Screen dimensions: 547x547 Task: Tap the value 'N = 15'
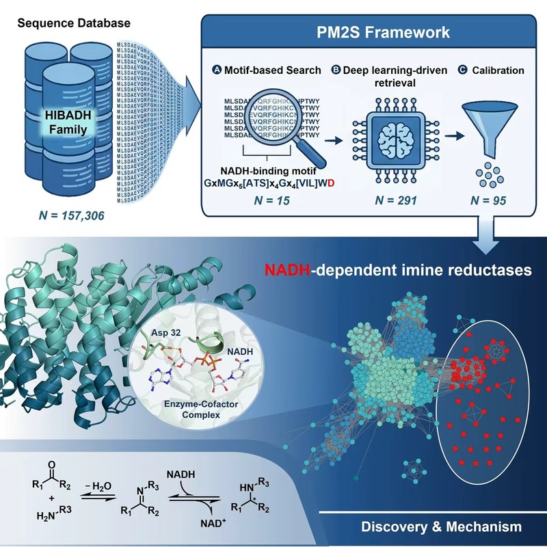pyautogui.click(x=270, y=201)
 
